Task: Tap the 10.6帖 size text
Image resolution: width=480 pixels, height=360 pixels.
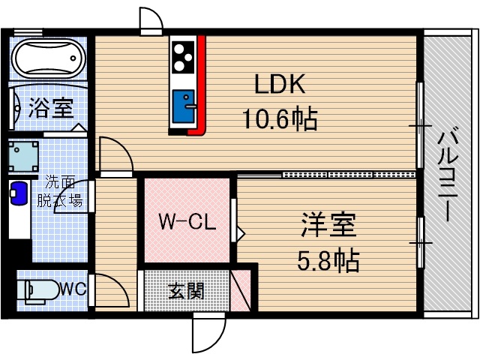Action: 279,118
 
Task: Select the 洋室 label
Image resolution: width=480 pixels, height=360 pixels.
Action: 328,224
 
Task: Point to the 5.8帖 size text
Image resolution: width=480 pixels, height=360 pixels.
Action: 328,260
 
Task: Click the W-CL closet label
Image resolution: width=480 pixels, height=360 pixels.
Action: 187,222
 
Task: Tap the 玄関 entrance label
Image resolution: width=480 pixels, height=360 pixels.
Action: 186,290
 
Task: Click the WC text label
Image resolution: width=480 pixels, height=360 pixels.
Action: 73,289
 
